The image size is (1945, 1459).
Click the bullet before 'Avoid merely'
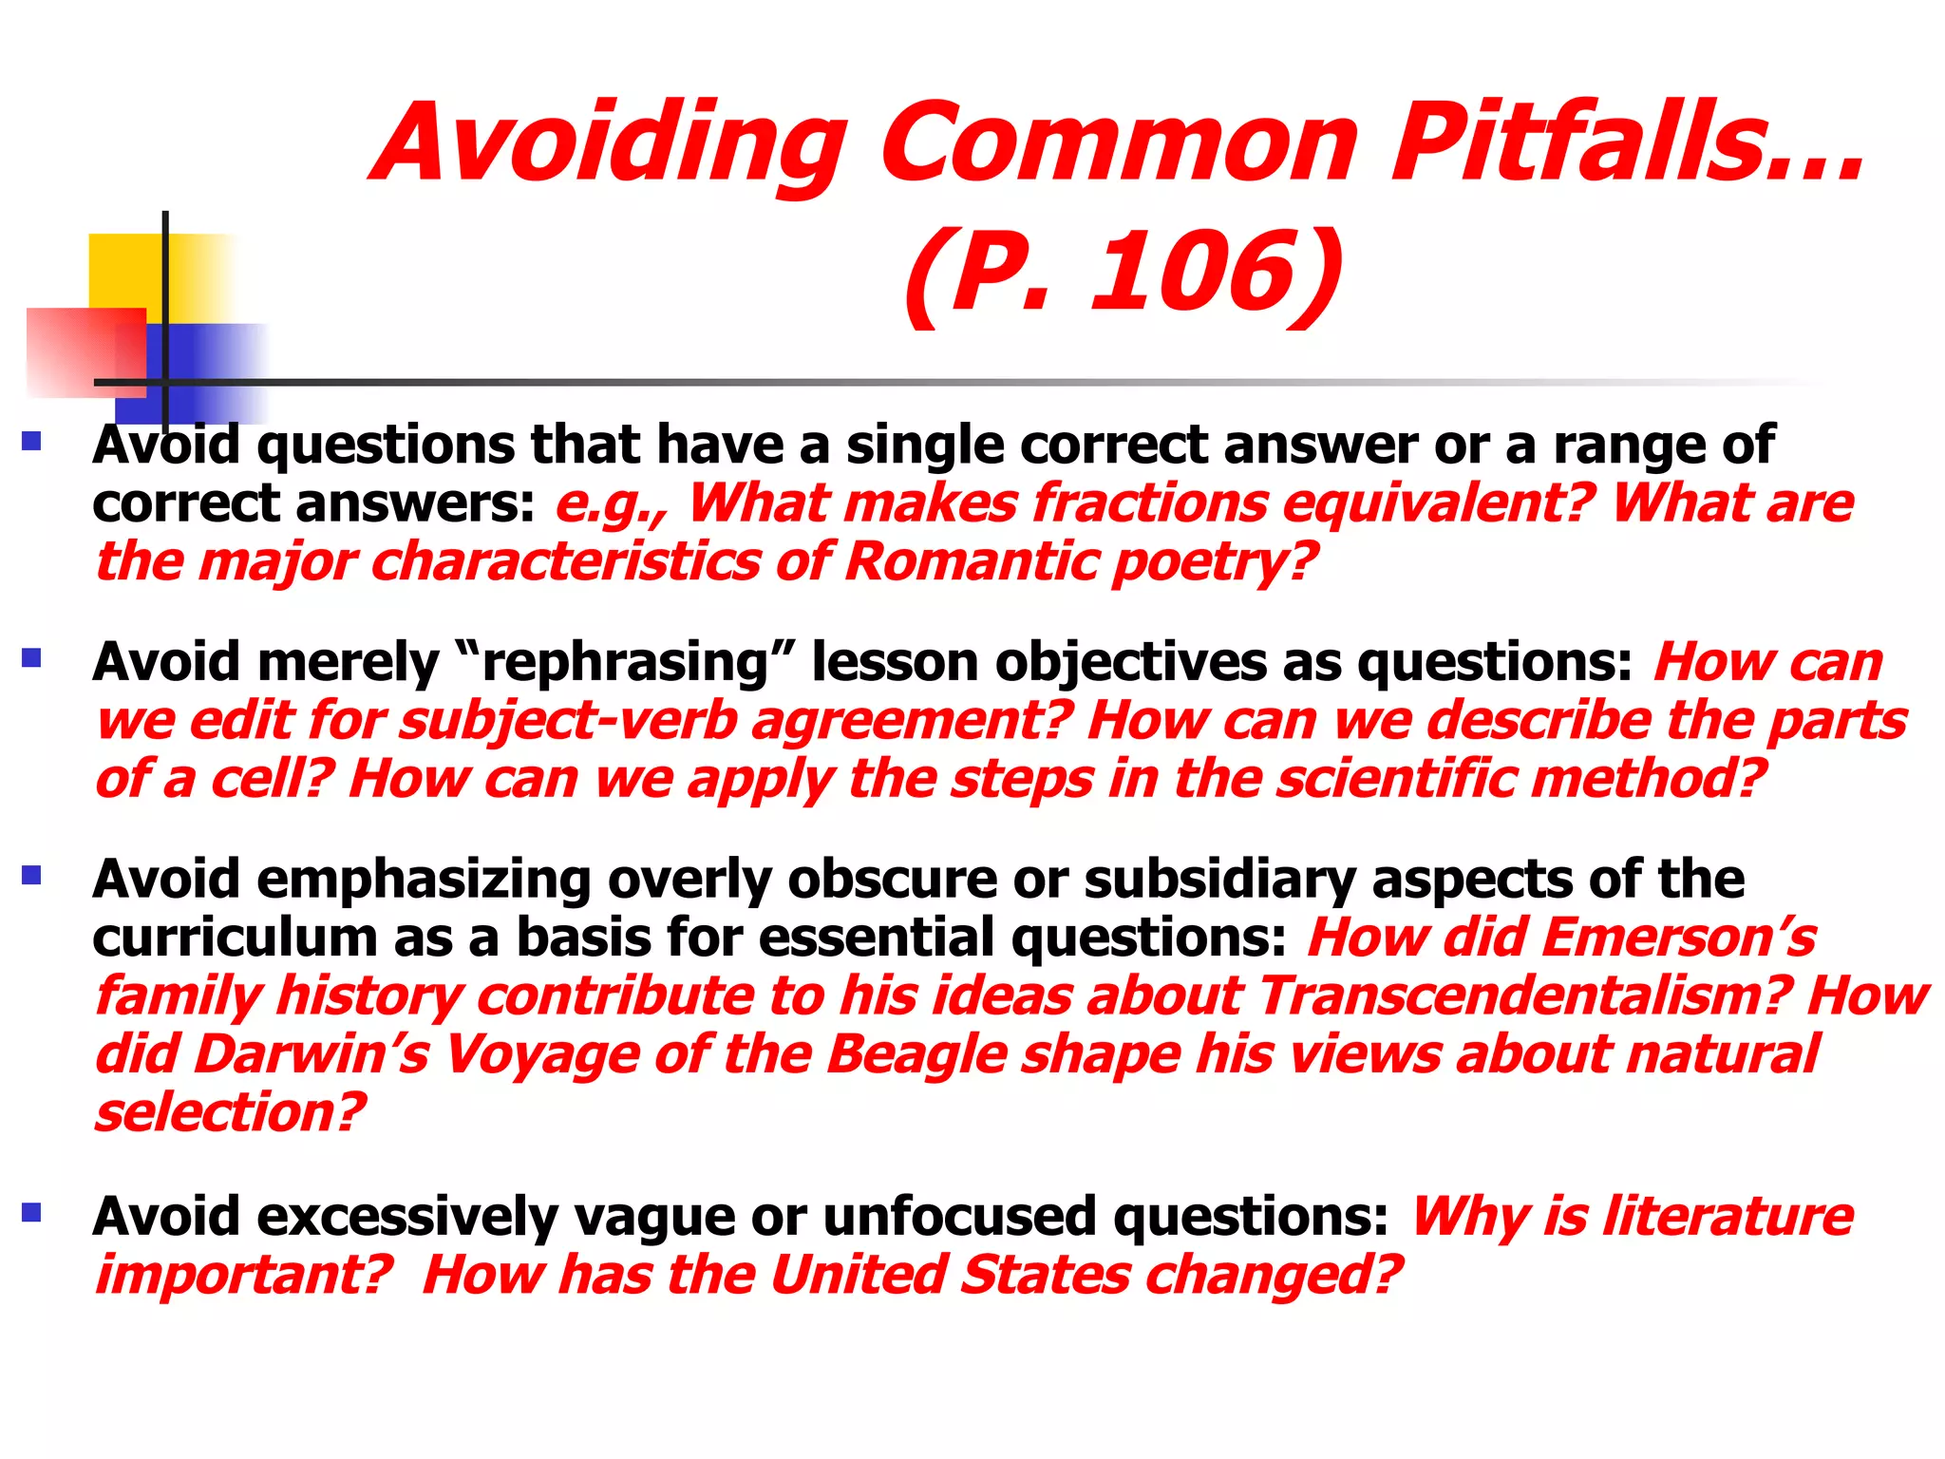pos(32,657)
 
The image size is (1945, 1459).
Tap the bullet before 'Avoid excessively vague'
pos(32,1212)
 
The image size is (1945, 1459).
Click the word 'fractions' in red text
pos(1150,502)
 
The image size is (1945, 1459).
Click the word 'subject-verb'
pos(568,721)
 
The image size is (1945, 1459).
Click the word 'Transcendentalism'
pos(1525,996)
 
